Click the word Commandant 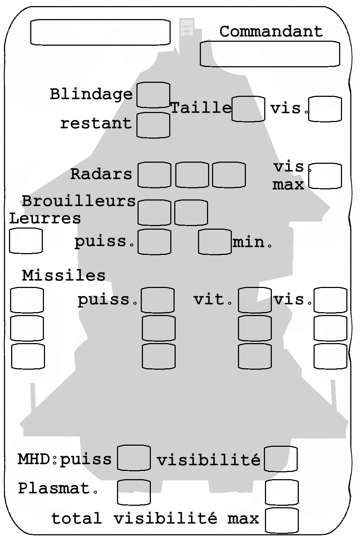(x=271, y=31)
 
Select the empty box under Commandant (x=270, y=54)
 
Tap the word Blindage (x=91, y=94)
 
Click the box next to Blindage (x=153, y=95)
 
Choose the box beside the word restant (x=153, y=125)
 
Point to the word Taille (x=201, y=107)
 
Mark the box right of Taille (x=248, y=109)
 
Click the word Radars (x=101, y=174)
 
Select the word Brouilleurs (x=79, y=201)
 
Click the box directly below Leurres (x=26, y=241)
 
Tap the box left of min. (x=215, y=242)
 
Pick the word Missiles (x=64, y=275)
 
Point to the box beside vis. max (x=325, y=176)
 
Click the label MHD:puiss (x=65, y=460)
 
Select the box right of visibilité (x=281, y=459)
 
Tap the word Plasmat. (x=58, y=489)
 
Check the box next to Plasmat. (x=134, y=492)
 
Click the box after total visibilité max (x=282, y=520)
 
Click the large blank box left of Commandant (x=100, y=32)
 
